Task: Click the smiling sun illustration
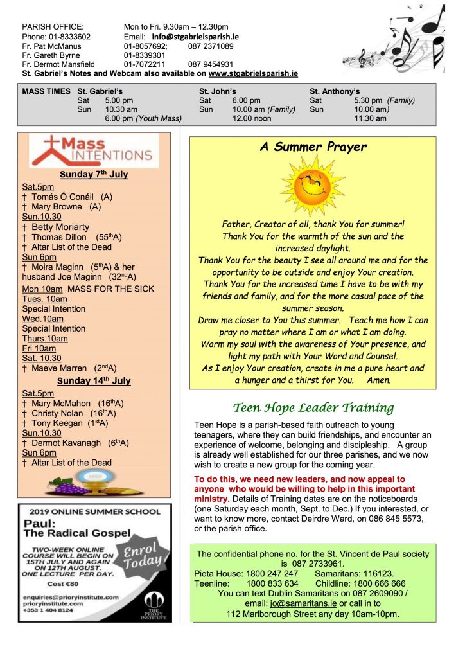click(312, 185)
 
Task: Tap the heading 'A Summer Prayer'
click(313, 147)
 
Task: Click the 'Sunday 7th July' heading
click(94, 175)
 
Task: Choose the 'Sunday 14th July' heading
click(94, 380)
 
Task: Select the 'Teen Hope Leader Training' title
click(313, 407)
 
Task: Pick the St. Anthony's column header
click(335, 91)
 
